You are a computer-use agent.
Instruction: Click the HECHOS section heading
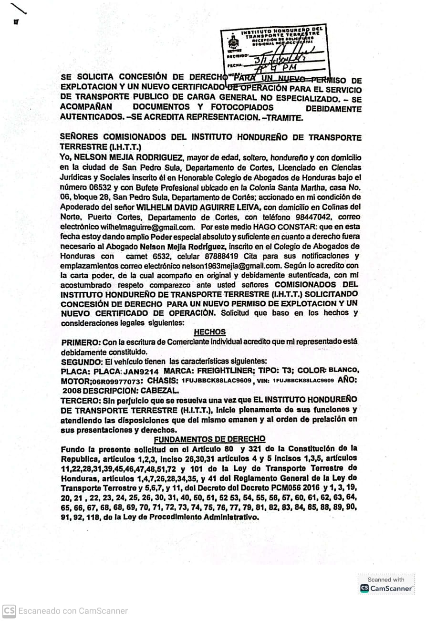[x=210, y=332]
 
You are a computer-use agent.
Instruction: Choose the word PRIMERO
[x=80, y=342]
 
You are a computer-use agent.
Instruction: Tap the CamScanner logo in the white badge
[x=365, y=589]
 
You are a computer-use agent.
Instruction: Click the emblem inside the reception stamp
[x=232, y=43]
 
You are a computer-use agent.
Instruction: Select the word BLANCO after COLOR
[x=344, y=370]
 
